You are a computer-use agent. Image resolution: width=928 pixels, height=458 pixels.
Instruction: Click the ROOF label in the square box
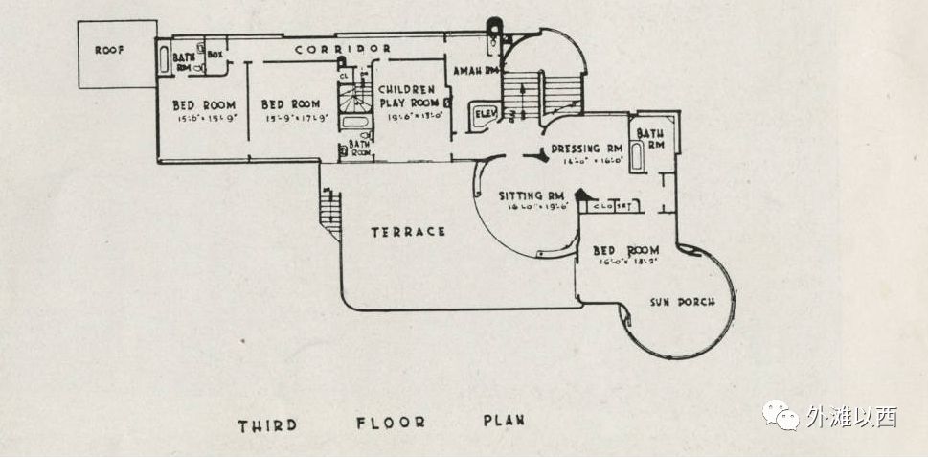109,51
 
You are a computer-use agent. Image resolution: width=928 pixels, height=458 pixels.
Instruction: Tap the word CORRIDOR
342,48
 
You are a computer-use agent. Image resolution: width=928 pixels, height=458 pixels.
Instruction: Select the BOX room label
214,56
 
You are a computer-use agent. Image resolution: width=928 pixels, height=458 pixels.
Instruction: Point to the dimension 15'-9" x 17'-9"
290,118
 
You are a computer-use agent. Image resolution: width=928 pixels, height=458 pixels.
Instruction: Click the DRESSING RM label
589,149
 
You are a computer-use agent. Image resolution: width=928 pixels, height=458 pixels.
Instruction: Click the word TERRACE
408,231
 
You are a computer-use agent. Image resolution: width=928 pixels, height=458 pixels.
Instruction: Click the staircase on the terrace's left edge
329,204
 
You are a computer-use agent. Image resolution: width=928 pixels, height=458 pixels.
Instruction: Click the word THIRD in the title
269,423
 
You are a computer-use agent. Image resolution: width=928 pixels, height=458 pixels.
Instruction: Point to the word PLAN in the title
503,421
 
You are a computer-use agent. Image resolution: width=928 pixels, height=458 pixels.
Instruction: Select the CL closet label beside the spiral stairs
344,74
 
